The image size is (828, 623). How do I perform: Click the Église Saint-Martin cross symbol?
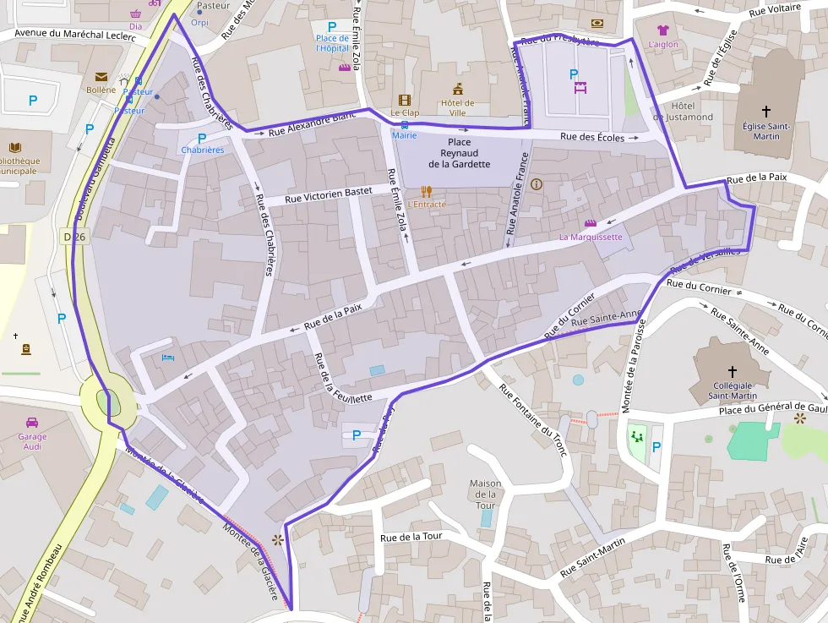coord(766,111)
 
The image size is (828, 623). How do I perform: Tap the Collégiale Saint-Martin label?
coord(732,390)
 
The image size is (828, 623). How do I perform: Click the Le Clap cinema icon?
coord(405,100)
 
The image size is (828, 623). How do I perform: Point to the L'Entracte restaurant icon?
coord(426,192)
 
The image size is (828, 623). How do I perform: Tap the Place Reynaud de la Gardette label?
coord(459,153)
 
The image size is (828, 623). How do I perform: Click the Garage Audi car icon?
coord(31,423)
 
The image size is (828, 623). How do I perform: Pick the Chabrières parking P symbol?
coord(202,138)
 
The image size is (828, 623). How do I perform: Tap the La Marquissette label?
coord(591,237)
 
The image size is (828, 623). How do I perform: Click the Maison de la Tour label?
coord(485,494)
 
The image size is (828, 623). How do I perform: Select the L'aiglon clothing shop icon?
coord(662,30)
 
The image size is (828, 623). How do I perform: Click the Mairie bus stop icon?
coord(404,124)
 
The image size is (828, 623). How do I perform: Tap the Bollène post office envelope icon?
coord(101,77)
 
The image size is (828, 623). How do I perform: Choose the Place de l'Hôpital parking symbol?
coord(332,27)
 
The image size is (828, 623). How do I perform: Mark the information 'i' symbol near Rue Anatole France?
coord(537,183)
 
